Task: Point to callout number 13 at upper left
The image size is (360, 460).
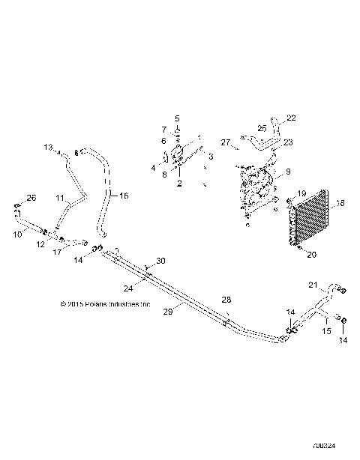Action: click(x=49, y=148)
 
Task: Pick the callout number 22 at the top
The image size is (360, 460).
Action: click(x=291, y=118)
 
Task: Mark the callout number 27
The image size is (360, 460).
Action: click(x=225, y=142)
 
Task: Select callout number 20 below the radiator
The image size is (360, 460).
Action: click(x=312, y=254)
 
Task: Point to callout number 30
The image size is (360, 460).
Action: click(x=160, y=261)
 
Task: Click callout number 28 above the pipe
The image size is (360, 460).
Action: click(x=226, y=300)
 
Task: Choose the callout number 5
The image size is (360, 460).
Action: click(x=178, y=118)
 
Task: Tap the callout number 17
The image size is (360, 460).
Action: click(x=57, y=252)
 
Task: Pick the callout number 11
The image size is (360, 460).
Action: click(x=61, y=198)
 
